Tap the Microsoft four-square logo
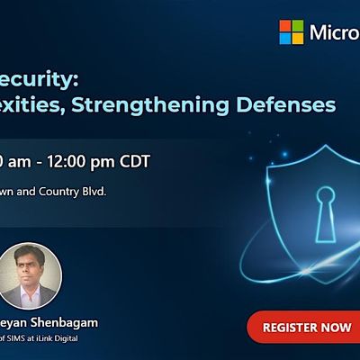tap(292, 32)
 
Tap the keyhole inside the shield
tap(325, 213)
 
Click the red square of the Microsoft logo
tap(285, 26)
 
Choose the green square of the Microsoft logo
tap(298, 26)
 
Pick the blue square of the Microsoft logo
tap(285, 39)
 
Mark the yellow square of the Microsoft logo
tap(298, 39)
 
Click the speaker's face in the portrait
tap(31, 265)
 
